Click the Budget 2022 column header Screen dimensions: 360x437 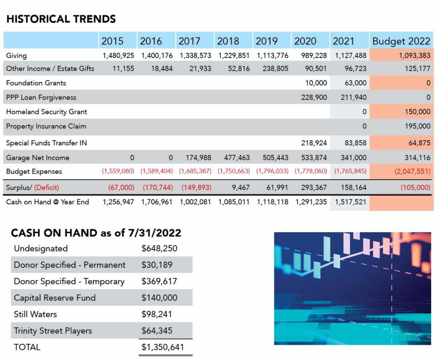pos(401,41)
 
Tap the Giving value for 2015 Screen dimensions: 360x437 pos(118,56)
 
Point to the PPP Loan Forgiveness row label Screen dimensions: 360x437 pos(41,97)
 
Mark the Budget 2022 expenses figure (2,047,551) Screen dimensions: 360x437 pos(412,172)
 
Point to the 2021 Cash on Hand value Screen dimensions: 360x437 pos(350,202)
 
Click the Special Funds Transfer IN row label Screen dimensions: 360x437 pos(47,143)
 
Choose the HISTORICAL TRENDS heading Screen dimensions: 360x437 pos(61,19)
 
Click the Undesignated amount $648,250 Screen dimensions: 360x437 pos(160,249)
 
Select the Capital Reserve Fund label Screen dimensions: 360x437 pos(55,298)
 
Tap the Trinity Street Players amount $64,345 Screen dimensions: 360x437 pos(157,331)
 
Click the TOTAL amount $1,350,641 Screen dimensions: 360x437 pos(162,347)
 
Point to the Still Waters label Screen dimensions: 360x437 pos(35,314)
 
